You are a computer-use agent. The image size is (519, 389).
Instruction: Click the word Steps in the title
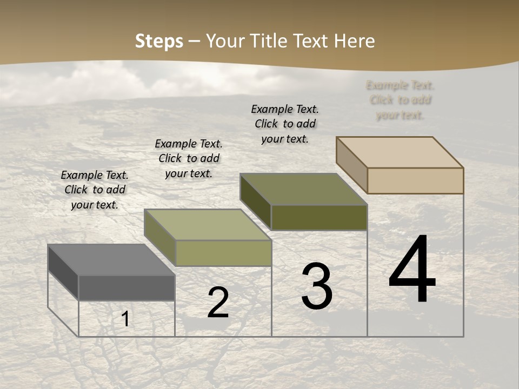pyautogui.click(x=159, y=41)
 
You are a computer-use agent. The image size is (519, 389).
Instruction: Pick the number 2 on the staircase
pyautogui.click(x=218, y=303)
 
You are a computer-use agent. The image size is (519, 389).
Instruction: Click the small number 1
pyautogui.click(x=125, y=319)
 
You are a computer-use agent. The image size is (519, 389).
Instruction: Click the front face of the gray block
pyautogui.click(x=127, y=287)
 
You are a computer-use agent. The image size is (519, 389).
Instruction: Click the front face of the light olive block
pyautogui.click(x=223, y=253)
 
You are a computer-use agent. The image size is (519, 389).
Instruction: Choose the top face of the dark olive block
pyautogui.click(x=303, y=189)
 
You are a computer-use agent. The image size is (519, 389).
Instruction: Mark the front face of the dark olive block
pyautogui.click(x=319, y=217)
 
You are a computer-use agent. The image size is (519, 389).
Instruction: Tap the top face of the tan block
pyautogui.click(x=400, y=152)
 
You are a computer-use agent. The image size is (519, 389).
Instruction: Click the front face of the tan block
pyautogui.click(x=415, y=180)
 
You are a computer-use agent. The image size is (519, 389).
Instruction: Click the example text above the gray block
pyautogui.click(x=95, y=190)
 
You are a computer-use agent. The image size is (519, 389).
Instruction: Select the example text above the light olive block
pyautogui.click(x=189, y=158)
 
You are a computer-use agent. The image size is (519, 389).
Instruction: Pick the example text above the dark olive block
pyautogui.click(x=285, y=124)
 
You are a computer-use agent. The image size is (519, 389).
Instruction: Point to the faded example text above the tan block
pyautogui.click(x=400, y=100)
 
